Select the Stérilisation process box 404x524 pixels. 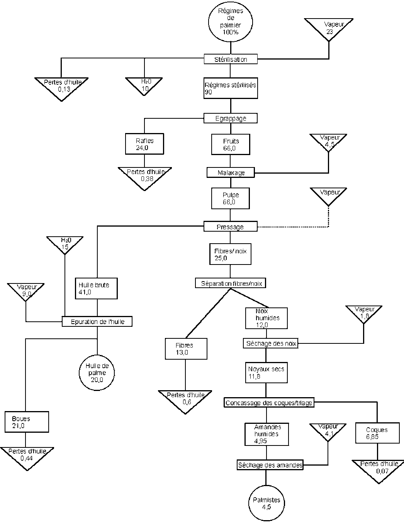231,59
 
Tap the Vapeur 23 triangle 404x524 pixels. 329,28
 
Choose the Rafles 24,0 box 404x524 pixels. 144,144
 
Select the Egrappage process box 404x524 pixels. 231,118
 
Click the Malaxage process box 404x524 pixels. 231,172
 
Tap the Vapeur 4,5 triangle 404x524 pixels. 329,142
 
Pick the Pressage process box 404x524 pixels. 231,227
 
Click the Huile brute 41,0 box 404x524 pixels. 97,288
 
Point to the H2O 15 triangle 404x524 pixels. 65,244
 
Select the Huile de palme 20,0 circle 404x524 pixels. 97,373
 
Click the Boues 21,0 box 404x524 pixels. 27,422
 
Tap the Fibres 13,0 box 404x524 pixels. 186,348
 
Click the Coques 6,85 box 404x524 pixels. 377,433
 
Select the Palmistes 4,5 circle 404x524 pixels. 266,503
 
